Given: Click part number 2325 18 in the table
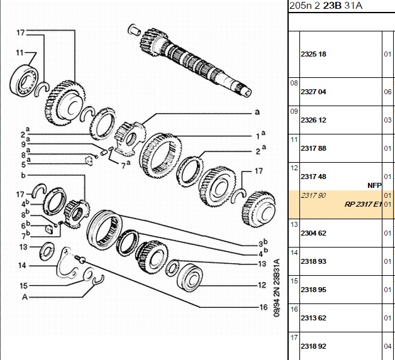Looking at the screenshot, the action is [x=313, y=54].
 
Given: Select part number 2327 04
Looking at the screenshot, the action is [x=313, y=92].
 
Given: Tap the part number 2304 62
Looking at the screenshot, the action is [x=313, y=233].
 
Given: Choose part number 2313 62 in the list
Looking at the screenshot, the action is [x=313, y=318].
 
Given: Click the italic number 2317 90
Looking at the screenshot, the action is [x=313, y=195].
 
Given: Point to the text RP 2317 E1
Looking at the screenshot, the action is [x=363, y=204].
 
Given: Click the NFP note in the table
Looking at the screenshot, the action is [x=374, y=186].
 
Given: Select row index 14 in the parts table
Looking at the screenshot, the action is [x=294, y=253].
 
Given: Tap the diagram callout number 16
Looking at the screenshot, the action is [x=264, y=307].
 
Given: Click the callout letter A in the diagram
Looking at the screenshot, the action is [x=25, y=297].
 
